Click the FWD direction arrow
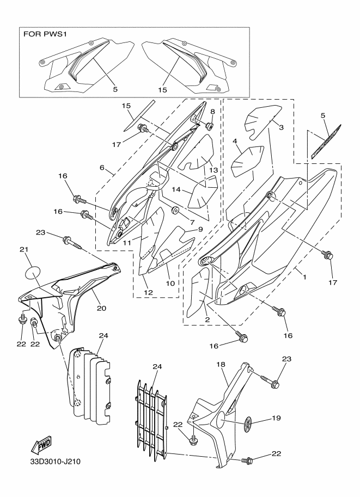(x=41, y=445)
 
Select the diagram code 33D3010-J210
(x=56, y=462)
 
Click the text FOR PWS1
(x=45, y=34)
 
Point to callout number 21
(x=24, y=249)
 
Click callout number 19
(x=277, y=418)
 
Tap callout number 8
(x=212, y=112)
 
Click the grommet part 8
(x=209, y=126)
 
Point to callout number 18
(x=221, y=365)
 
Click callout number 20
(x=101, y=308)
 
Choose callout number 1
(x=305, y=277)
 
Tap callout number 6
(x=102, y=167)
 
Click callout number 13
(x=214, y=170)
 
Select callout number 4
(x=235, y=141)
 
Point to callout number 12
(x=149, y=292)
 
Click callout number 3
(x=281, y=127)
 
